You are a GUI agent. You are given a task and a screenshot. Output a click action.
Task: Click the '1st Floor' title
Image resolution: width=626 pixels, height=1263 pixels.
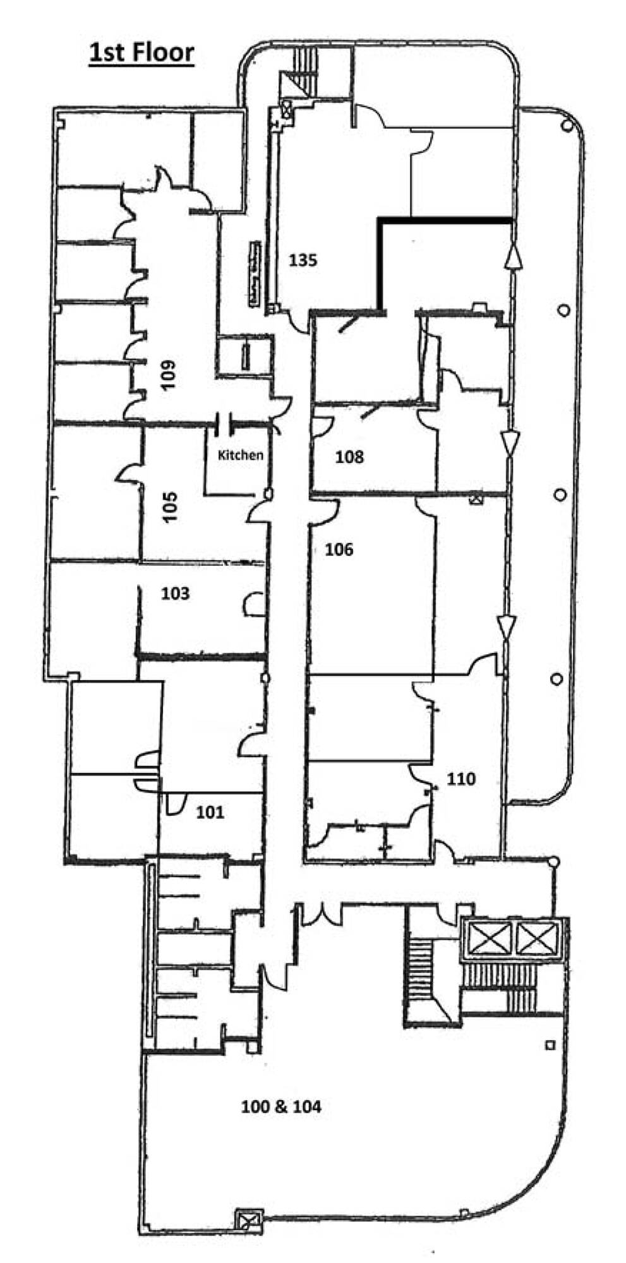[x=141, y=52]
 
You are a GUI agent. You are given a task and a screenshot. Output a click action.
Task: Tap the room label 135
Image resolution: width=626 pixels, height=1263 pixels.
[x=303, y=260]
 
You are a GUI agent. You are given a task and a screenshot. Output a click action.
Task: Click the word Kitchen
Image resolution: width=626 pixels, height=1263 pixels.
[x=240, y=455]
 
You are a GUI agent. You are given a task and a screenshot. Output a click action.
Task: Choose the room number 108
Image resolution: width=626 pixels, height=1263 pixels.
[x=349, y=457]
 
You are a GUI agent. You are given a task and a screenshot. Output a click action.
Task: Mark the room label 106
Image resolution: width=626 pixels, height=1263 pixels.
[x=339, y=549]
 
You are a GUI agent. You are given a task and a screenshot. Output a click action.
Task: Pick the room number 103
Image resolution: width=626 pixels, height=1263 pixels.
[x=175, y=594]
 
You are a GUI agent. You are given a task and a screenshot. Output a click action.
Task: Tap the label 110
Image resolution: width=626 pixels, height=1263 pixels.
[x=461, y=779]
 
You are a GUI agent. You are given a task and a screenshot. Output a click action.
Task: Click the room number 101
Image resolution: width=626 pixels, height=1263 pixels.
[x=210, y=811]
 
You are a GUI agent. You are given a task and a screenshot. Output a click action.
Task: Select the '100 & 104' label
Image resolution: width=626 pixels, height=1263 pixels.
[x=281, y=1106]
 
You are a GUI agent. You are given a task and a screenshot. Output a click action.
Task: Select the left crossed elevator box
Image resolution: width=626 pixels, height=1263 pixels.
[x=488, y=938]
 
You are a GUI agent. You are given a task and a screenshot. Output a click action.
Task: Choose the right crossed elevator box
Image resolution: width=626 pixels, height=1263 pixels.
[x=538, y=938]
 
